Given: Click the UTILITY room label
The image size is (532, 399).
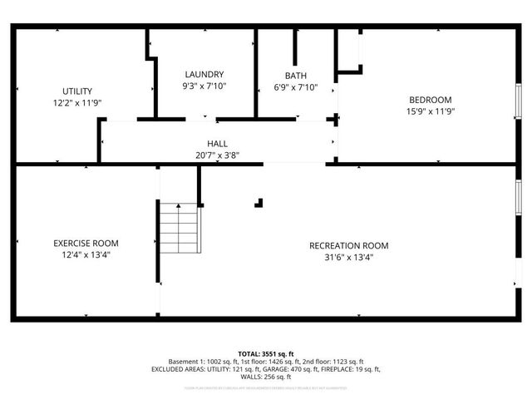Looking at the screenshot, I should click(77, 91).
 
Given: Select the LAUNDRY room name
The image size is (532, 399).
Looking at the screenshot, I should click(204, 75).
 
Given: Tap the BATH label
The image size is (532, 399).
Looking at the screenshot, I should click(295, 75).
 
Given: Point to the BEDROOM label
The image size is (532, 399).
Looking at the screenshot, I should click(430, 100).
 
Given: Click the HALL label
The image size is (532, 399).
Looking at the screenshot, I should click(217, 144).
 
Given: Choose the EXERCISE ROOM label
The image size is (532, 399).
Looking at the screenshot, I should click(86, 244).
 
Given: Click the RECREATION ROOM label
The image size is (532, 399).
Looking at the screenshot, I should click(348, 245).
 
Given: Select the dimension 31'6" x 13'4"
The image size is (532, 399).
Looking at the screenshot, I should click(348, 257).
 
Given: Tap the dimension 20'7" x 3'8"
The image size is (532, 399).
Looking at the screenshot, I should click(217, 155).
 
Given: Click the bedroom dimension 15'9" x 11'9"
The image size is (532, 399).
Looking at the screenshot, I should click(430, 111).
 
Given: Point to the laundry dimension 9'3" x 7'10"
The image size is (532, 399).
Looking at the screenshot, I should click(204, 86).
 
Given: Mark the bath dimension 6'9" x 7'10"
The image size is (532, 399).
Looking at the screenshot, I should click(295, 86).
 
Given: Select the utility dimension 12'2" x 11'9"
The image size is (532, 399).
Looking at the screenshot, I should click(77, 103).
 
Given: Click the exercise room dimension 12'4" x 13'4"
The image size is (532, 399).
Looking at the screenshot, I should click(86, 255).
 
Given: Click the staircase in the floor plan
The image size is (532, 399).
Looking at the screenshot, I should click(180, 229).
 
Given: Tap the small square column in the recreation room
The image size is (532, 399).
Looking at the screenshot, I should click(259, 201).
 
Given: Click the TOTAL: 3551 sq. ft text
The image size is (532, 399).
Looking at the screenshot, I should click(265, 353).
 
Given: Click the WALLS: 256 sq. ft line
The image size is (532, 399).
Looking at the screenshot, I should click(265, 377).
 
